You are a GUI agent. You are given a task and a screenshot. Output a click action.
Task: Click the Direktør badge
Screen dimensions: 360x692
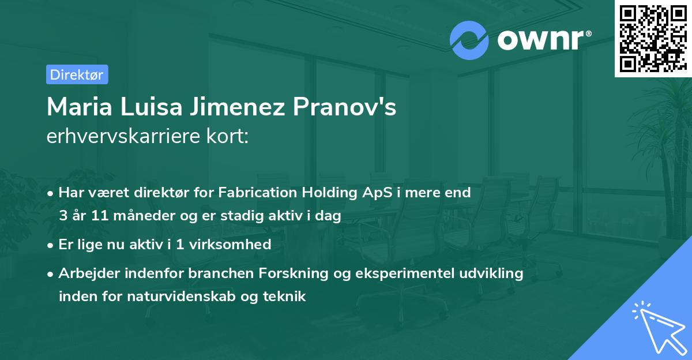coord(77,74)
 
